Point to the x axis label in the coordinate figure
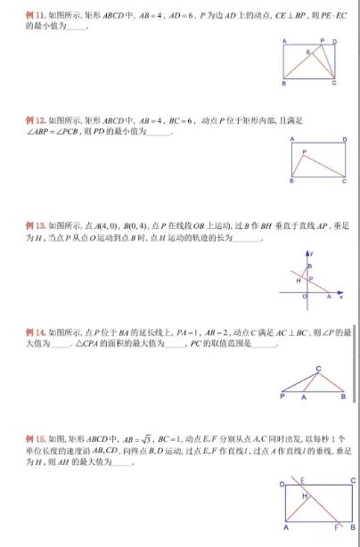tap(340, 296)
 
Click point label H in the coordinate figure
tap(299, 281)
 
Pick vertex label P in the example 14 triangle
tap(282, 397)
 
